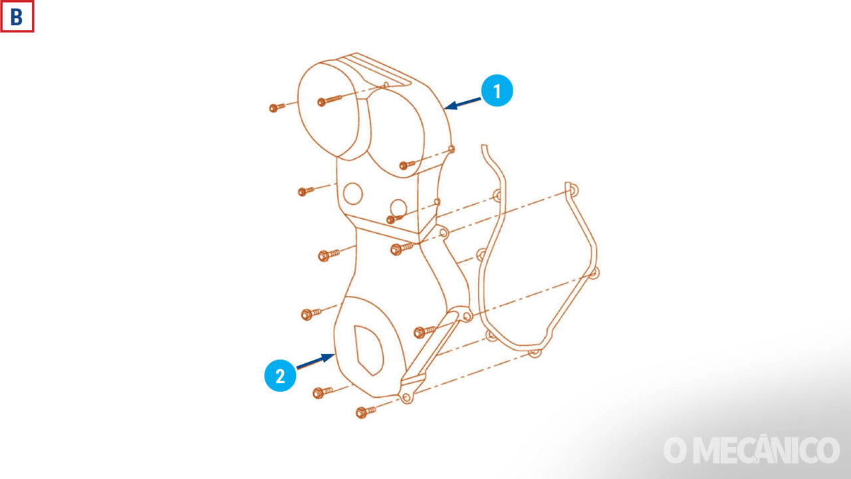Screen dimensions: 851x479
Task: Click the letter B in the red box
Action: [x=17, y=17]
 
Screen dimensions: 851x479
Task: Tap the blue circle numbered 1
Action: [x=497, y=90]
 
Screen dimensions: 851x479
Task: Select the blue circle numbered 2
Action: [x=280, y=376]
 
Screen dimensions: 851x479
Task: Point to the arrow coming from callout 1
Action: [x=462, y=104]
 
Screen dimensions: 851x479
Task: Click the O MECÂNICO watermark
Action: [x=751, y=450]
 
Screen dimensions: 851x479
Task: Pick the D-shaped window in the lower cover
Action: [x=368, y=350]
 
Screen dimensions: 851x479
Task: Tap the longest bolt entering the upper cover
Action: [x=329, y=100]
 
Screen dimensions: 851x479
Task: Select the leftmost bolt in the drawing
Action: [x=277, y=108]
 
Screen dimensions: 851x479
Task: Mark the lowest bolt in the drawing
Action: [x=366, y=412]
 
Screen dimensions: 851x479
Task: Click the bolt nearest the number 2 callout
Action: [x=322, y=393]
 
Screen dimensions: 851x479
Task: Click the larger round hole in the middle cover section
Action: [x=353, y=194]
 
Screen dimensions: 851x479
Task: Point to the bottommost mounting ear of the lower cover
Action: [x=406, y=398]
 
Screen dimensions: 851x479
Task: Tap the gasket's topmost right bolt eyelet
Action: [x=572, y=190]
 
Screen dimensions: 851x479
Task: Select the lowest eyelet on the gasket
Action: [x=535, y=353]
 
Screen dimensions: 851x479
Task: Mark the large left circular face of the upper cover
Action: [x=328, y=110]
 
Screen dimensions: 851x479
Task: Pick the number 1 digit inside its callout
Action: [x=497, y=91]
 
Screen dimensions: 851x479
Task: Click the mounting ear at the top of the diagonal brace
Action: [x=467, y=315]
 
